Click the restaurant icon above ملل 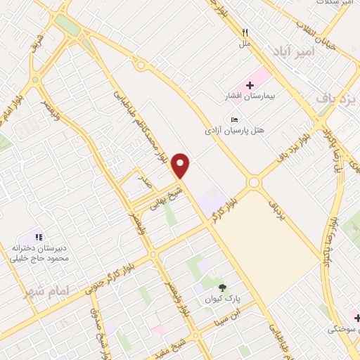245,32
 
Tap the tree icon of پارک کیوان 223,287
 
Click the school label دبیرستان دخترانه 40,247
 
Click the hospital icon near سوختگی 356,316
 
